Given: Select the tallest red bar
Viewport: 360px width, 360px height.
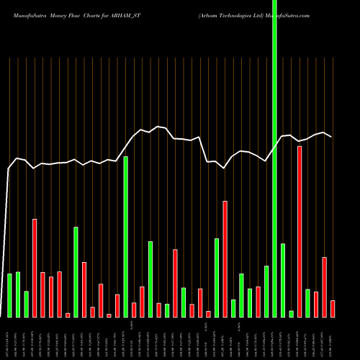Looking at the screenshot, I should coord(300,231).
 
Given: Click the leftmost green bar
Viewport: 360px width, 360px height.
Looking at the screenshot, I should coord(9,295).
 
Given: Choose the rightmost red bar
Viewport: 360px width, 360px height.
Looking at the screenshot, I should coord(333,308).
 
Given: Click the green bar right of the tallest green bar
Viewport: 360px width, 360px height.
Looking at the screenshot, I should coord(283,280).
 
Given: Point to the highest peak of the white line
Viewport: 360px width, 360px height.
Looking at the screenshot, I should coord(158,126).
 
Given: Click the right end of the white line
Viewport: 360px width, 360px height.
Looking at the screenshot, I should coord(332,137).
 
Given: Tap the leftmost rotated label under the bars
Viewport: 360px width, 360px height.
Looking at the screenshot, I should coord(9,338).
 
